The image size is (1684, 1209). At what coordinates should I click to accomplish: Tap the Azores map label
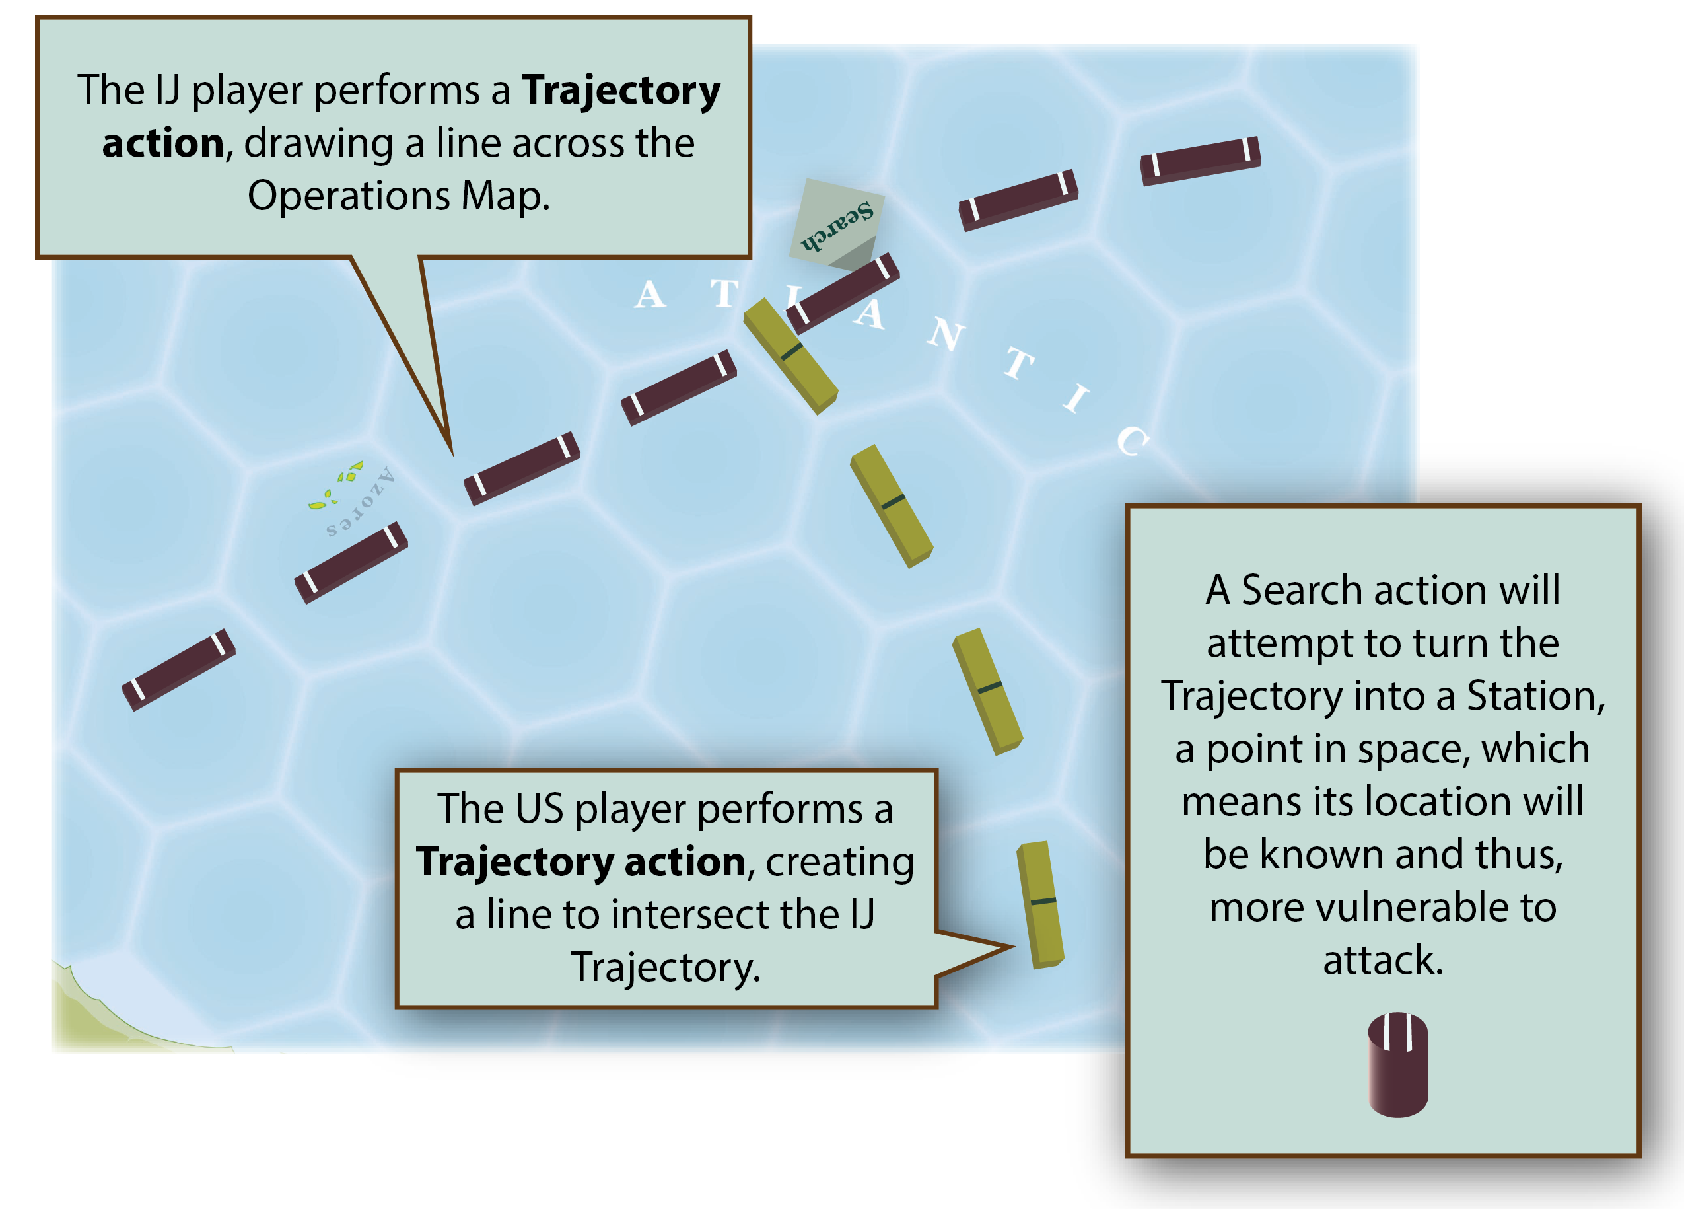pyautogui.click(x=361, y=501)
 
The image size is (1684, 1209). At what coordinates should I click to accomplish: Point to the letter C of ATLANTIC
pyautogui.click(x=1133, y=441)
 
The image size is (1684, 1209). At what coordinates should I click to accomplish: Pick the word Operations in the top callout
pyautogui.click(x=349, y=196)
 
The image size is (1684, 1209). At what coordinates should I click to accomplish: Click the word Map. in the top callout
pyautogui.click(x=506, y=196)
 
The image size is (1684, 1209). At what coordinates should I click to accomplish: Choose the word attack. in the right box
pyautogui.click(x=1383, y=959)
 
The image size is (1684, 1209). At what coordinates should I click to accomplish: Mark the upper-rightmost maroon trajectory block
pyautogui.click(x=1200, y=161)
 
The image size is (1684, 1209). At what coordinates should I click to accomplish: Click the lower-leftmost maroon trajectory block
pyautogui.click(x=178, y=670)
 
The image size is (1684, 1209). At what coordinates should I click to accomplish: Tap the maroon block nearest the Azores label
pyautogui.click(x=351, y=562)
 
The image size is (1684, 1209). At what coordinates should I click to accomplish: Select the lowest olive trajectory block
pyautogui.click(x=1039, y=904)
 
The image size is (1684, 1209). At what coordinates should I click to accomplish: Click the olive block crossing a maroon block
pyautogui.click(x=790, y=355)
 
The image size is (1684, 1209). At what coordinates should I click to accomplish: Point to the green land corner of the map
pyautogui.click(x=82, y=1017)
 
